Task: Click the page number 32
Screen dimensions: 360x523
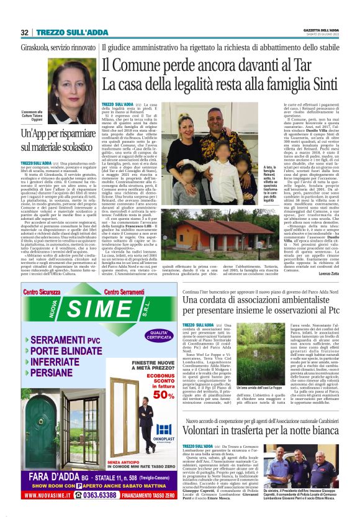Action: pyautogui.click(x=25, y=32)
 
